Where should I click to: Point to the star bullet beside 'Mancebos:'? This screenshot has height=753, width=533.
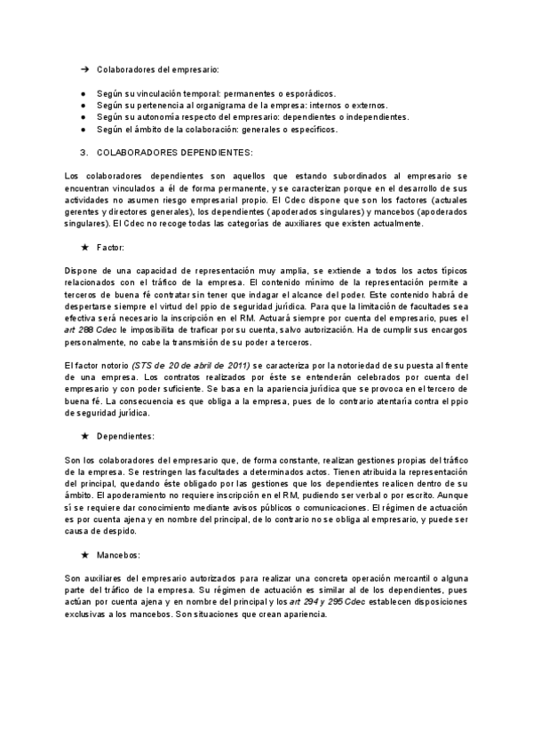tap(84, 555)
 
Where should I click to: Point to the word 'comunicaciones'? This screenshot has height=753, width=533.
tap(328, 507)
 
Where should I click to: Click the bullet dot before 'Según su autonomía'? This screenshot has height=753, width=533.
tap(84, 117)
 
